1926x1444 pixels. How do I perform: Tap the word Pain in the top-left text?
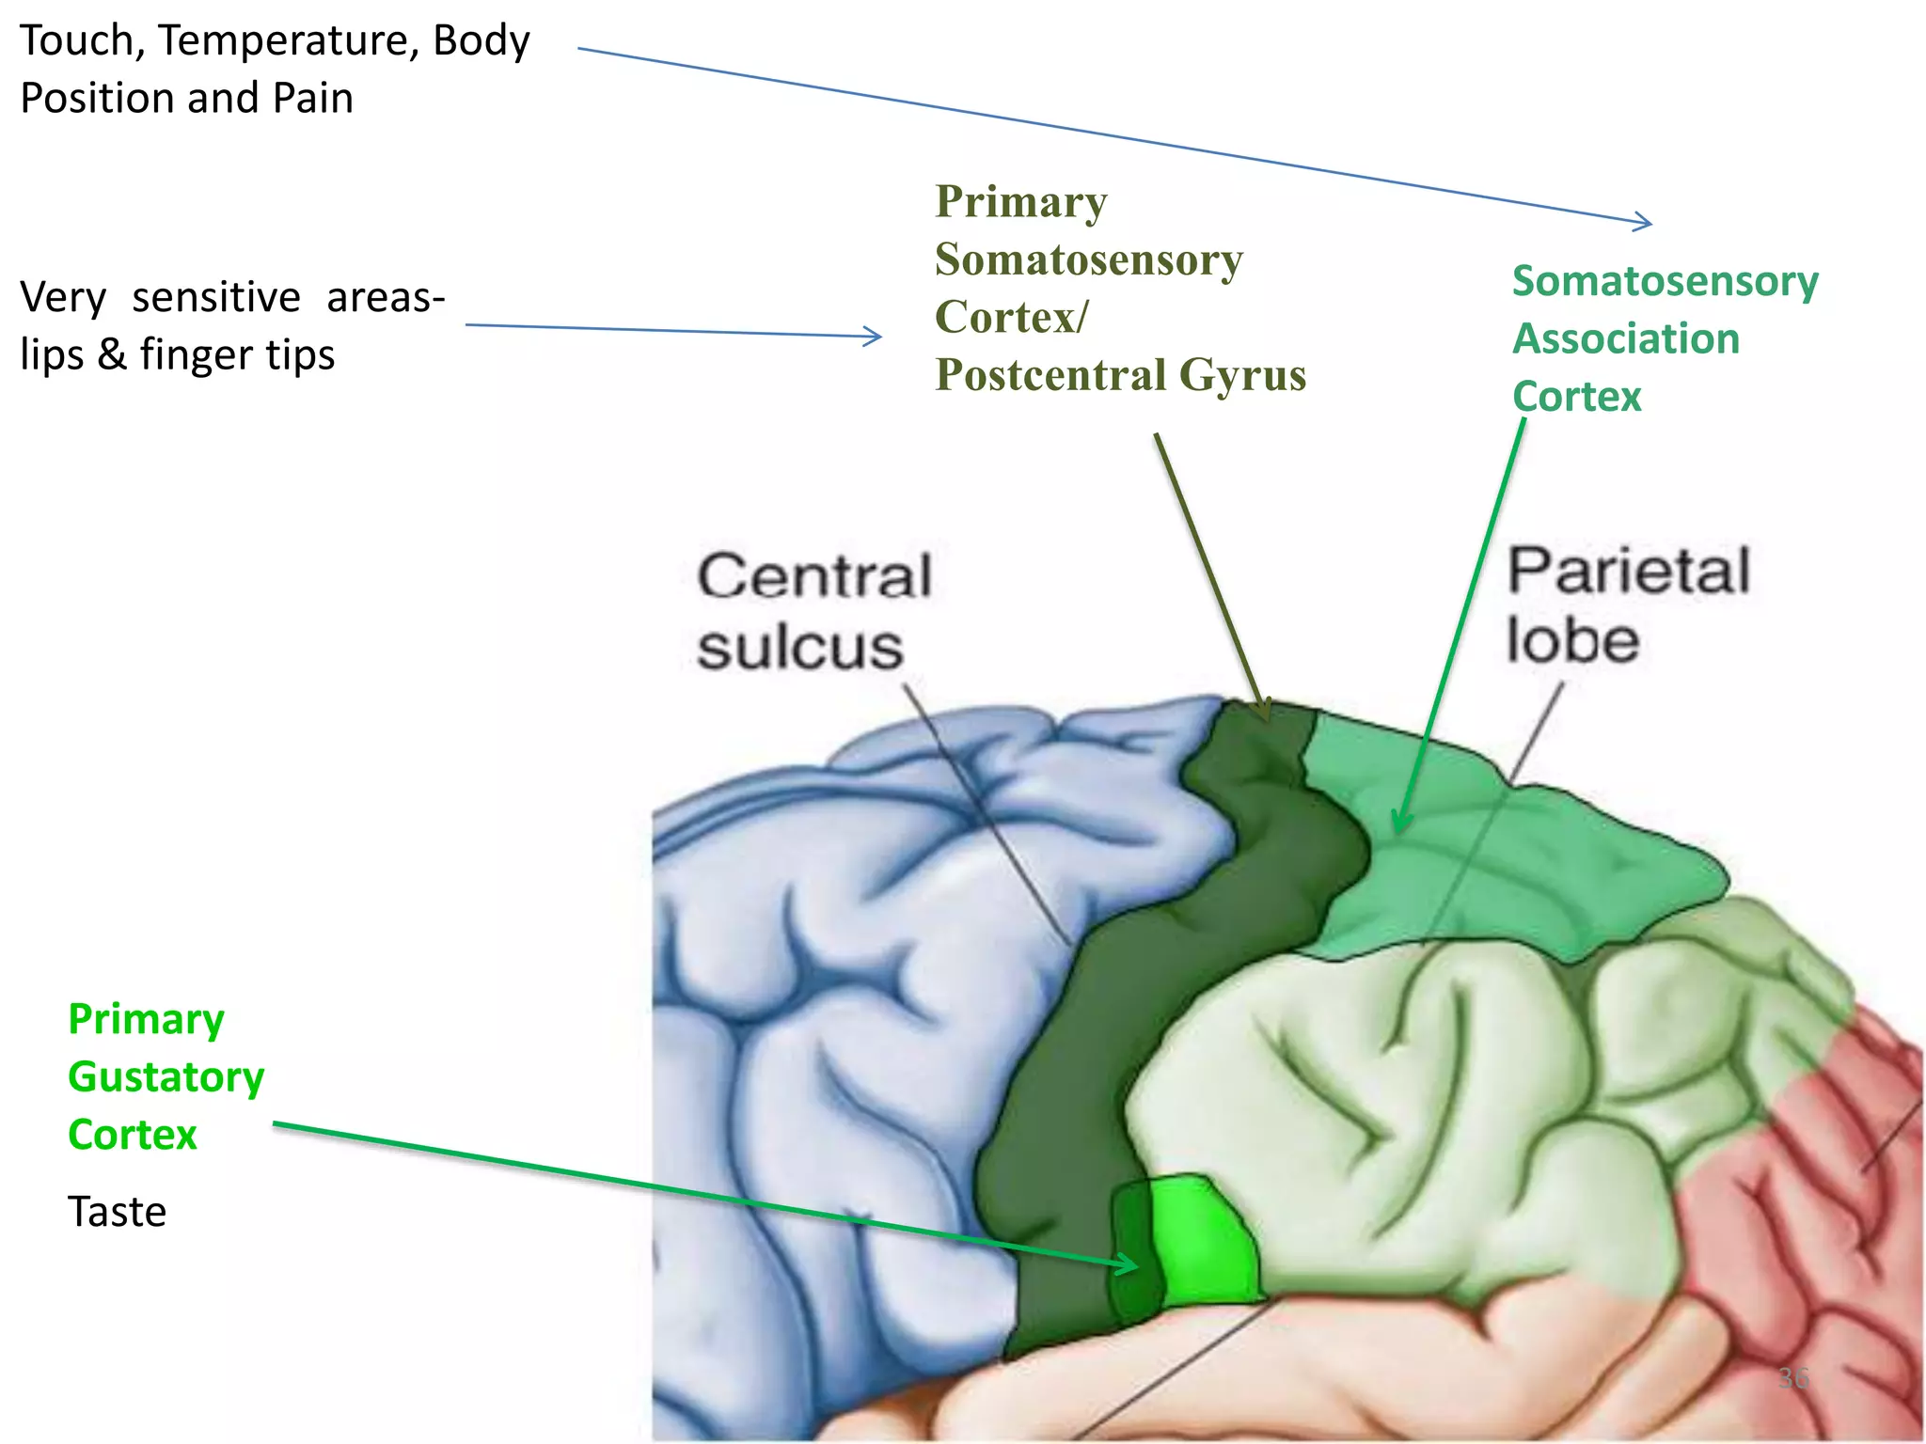(312, 99)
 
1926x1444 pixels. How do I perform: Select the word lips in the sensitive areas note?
(52, 355)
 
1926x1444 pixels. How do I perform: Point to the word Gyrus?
(1242, 376)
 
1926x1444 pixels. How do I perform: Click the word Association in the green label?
(1626, 339)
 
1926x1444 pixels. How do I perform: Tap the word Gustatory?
(166, 1078)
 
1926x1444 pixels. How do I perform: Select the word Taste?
(117, 1212)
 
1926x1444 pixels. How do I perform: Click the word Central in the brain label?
(814, 576)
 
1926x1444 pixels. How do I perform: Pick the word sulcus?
(800, 648)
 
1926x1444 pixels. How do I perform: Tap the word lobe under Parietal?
(1573, 641)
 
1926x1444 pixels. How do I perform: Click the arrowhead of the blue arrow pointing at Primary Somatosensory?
(876, 336)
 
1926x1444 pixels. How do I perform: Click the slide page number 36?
(1793, 1379)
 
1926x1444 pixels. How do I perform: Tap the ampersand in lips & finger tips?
(111, 355)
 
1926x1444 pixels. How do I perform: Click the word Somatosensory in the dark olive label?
(1089, 260)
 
